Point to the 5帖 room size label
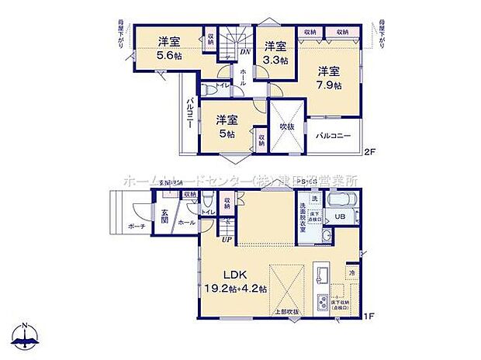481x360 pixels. click(225, 134)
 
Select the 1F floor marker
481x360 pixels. click(371, 317)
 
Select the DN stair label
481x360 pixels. click(244, 52)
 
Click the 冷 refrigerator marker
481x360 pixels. click(351, 272)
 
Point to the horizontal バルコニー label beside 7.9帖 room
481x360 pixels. click(333, 137)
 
